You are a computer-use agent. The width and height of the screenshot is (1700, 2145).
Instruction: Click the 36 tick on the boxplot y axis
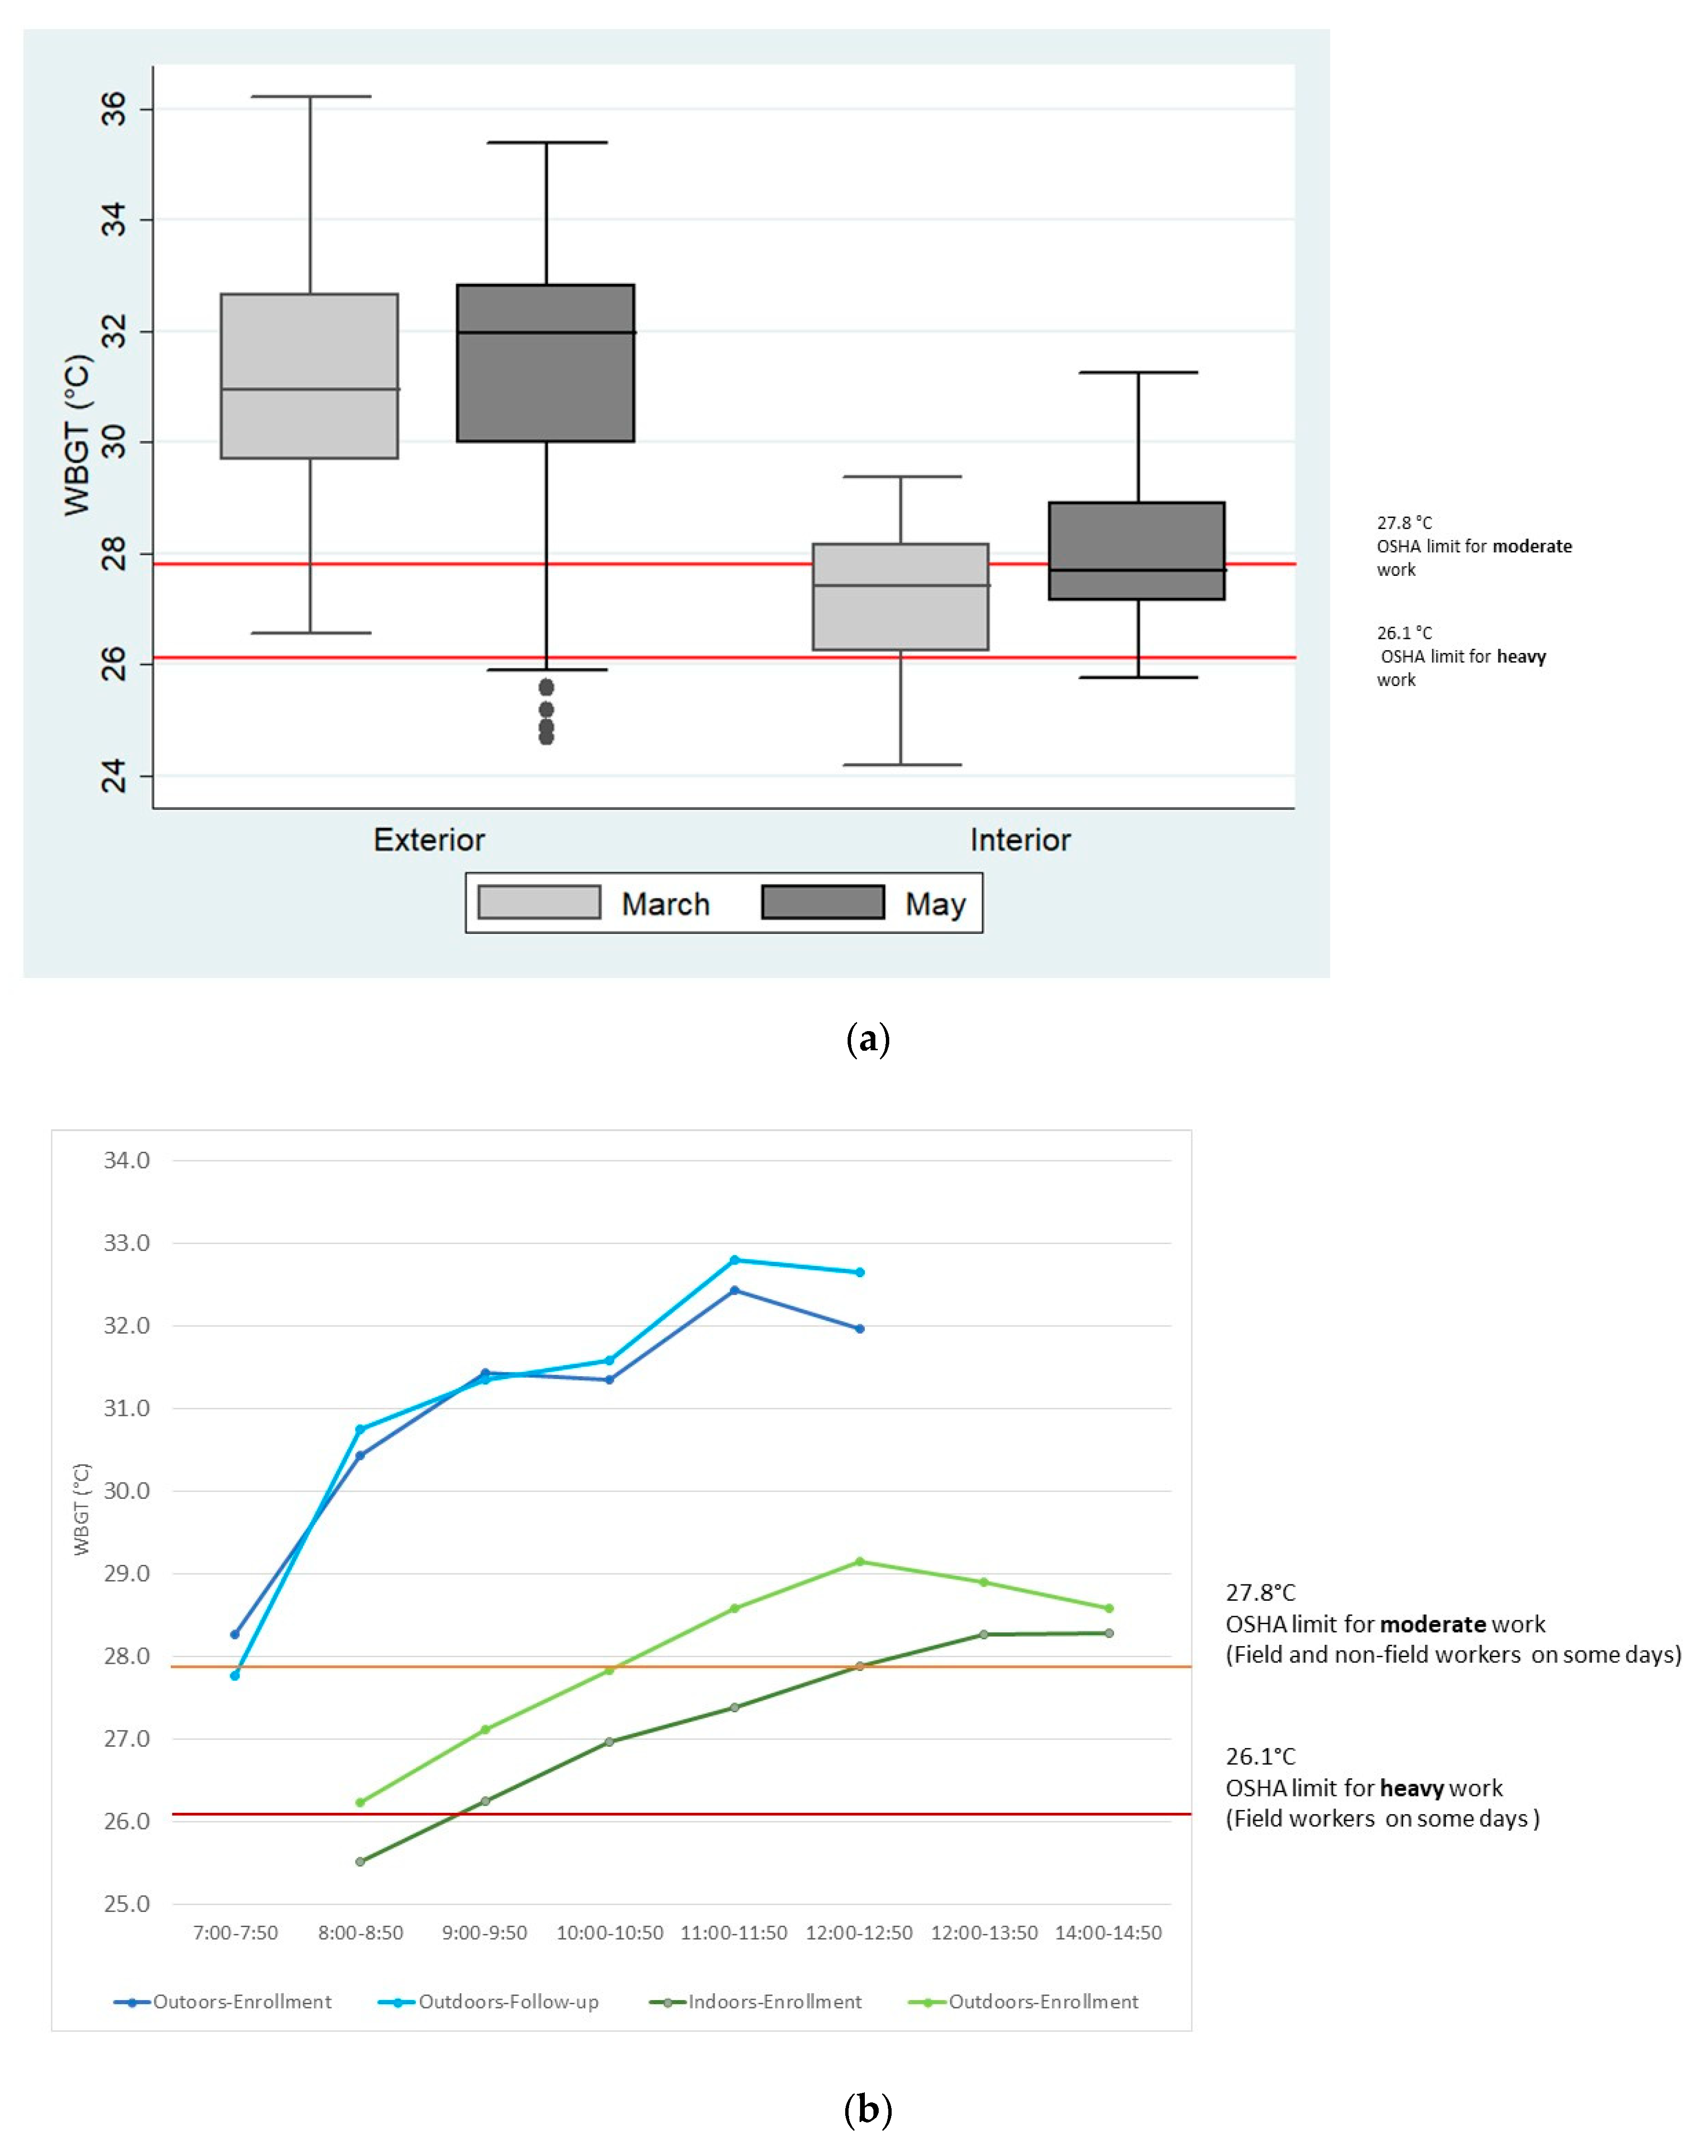point(114,109)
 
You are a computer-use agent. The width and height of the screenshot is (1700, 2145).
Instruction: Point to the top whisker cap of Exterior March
point(310,97)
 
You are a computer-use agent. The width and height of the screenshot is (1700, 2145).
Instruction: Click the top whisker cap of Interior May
point(1138,372)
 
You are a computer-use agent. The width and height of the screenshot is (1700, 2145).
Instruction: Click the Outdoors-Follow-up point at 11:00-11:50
point(734,1259)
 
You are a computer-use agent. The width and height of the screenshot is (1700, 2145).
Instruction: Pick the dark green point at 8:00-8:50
point(360,1861)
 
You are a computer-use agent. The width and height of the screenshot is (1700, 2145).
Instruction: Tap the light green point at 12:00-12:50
point(860,1561)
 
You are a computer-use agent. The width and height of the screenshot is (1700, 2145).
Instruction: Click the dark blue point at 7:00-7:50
point(235,1634)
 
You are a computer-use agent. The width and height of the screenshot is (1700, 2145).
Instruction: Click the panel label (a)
point(866,1039)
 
